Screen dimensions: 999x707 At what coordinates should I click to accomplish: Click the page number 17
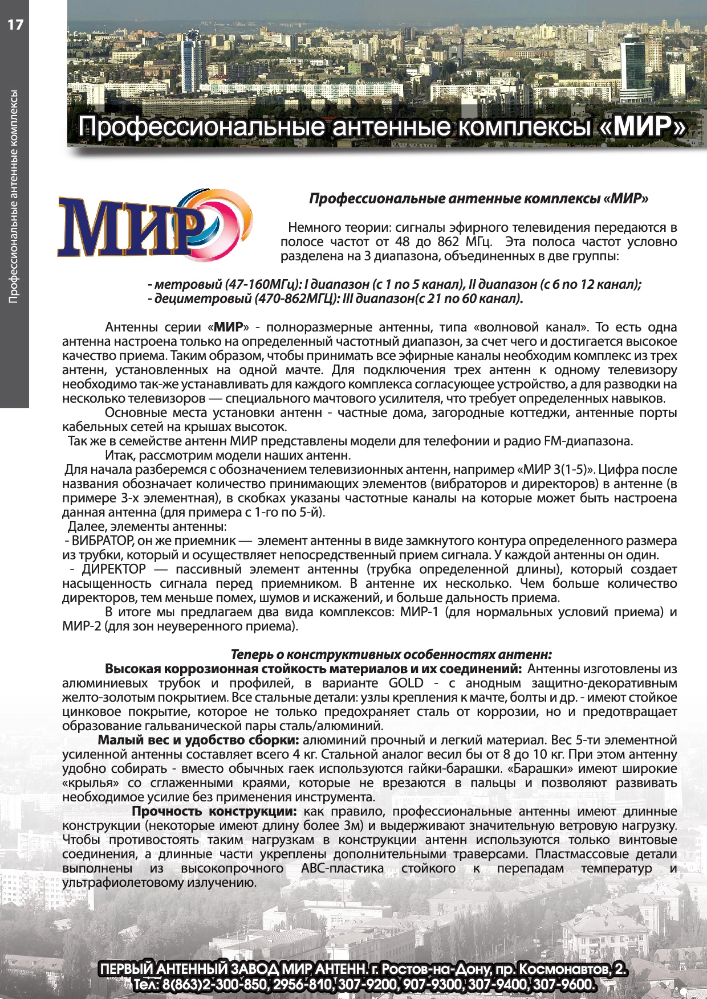click(15, 24)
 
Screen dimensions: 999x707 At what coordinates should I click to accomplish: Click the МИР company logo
click(154, 225)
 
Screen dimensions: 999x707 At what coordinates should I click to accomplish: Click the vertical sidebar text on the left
click(14, 196)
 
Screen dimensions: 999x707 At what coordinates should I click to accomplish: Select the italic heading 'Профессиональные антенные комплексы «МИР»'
click(478, 199)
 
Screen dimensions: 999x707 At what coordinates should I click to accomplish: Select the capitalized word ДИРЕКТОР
click(114, 569)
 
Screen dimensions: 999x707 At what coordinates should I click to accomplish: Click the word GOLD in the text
click(406, 683)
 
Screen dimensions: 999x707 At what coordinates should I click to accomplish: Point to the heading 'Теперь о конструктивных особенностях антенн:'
click(391, 654)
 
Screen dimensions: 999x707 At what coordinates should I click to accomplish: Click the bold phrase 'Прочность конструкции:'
click(214, 811)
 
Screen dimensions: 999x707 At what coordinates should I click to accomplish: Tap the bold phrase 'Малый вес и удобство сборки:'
click(198, 740)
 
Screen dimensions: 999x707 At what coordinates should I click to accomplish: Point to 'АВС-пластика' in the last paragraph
click(342, 868)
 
